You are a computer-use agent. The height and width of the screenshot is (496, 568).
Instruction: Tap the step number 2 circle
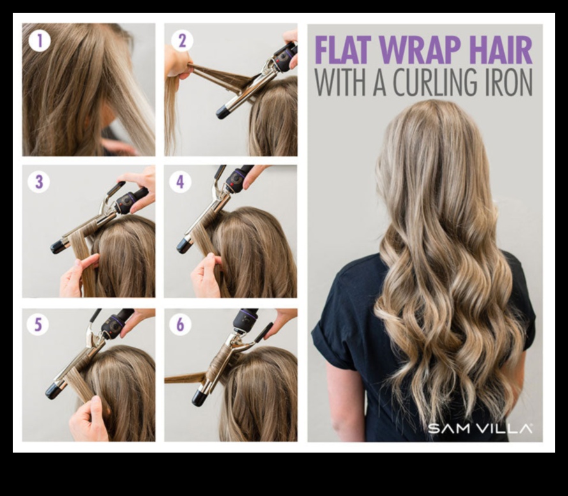point(181,41)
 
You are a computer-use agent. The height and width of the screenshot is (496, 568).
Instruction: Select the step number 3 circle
point(39,182)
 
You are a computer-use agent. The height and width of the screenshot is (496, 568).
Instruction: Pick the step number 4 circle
point(181,182)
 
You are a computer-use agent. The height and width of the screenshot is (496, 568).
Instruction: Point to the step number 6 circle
point(181,325)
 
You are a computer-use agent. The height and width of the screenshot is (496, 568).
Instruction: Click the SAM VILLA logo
point(480,428)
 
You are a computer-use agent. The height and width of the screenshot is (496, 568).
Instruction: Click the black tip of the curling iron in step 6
point(200,398)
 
